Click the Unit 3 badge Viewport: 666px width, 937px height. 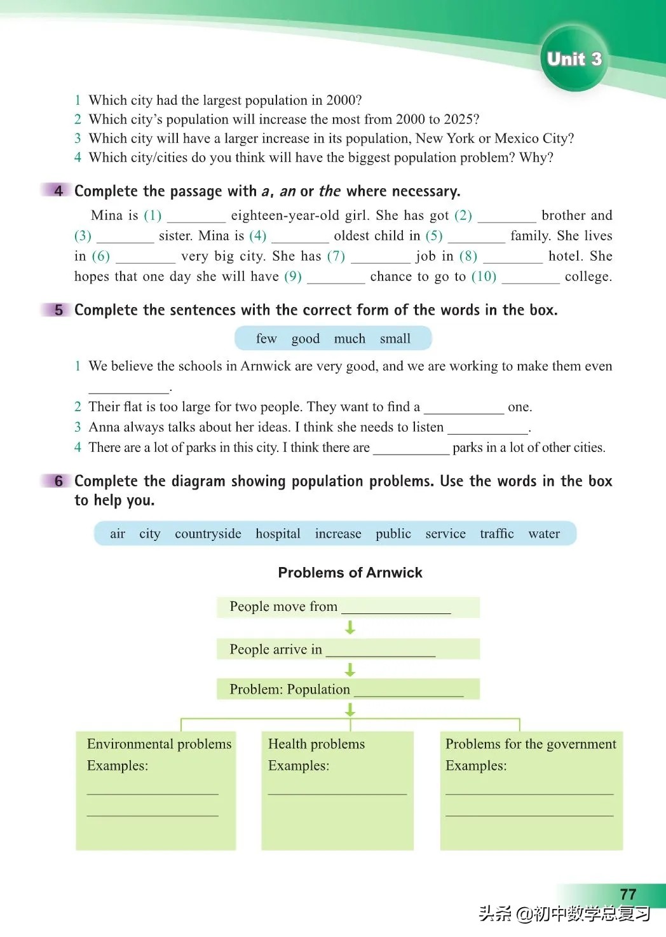point(574,59)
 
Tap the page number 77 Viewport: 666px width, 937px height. point(627,894)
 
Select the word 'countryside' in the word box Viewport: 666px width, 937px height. point(208,533)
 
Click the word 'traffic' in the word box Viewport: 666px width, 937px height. point(496,533)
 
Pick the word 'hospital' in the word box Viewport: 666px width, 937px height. point(278,533)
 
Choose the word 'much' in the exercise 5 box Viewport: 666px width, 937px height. point(350,339)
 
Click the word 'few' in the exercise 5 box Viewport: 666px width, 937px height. point(266,339)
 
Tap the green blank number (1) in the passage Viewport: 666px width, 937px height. point(153,215)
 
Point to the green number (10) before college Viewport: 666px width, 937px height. point(484,277)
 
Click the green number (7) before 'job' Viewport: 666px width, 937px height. point(336,256)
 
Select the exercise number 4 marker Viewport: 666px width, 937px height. point(58,191)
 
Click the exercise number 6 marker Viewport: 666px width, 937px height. point(58,481)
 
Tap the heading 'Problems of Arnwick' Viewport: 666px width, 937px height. point(350,573)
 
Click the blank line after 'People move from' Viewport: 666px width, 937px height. point(396,609)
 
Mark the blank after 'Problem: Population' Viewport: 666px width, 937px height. point(408,692)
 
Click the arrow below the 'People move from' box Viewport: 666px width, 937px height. point(350,628)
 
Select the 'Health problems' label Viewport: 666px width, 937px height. point(316,744)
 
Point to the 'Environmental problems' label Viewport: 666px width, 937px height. point(159,744)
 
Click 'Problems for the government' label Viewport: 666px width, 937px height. point(531,744)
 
